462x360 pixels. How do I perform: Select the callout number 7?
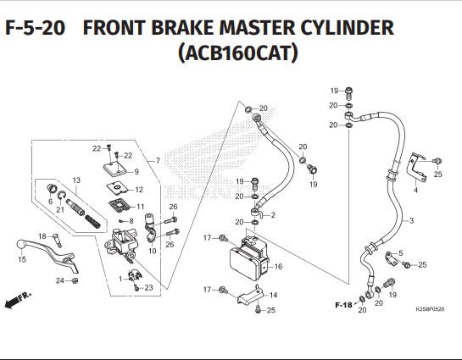tap(158, 161)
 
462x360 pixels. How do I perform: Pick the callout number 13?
tap(76, 180)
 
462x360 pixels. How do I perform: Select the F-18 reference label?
tap(343, 305)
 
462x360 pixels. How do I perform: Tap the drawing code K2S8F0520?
tap(430, 309)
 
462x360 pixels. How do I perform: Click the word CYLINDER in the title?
tap(347, 27)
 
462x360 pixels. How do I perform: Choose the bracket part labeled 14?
tap(250, 296)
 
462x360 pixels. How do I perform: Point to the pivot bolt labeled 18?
tap(58, 241)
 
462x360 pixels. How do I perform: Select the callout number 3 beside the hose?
tap(412, 220)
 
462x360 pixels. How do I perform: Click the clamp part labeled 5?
tap(392, 258)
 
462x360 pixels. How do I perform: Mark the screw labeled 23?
tap(136, 288)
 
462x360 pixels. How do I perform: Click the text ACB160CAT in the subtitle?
tap(238, 53)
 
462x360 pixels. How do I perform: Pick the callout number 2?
tap(273, 215)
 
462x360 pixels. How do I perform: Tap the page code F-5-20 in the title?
tap(35, 28)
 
